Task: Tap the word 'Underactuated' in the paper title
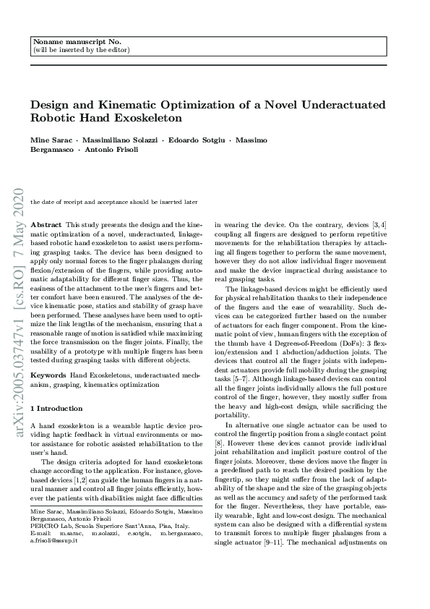[x=343, y=105]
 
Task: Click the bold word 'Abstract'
[x=47, y=226]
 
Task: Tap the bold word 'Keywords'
[x=49, y=375]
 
